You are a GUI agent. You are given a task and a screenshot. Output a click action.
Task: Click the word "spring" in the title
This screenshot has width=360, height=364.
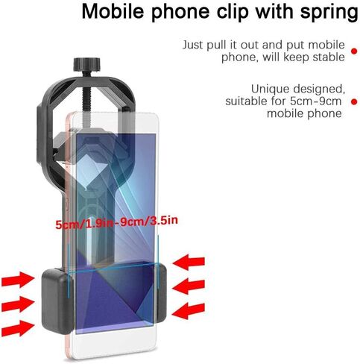tap(329, 12)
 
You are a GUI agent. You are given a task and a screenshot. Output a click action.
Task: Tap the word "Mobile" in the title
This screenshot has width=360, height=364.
tap(113, 10)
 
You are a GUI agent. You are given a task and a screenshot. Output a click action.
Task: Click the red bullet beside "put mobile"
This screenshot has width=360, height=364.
tap(354, 51)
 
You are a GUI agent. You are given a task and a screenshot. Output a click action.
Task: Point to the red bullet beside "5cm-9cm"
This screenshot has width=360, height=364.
tap(354, 101)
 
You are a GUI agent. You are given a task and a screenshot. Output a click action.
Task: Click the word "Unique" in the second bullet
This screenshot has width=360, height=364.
tap(271, 89)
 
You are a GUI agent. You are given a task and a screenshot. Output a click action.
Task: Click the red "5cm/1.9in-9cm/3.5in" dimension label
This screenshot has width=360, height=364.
tap(117, 222)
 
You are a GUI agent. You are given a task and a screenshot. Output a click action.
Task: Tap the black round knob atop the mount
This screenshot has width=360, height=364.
tap(86, 64)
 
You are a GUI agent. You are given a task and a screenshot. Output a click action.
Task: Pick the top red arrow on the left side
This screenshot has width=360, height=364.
tap(18, 280)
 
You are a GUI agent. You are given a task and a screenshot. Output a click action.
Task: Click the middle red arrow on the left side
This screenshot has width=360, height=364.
tap(18, 304)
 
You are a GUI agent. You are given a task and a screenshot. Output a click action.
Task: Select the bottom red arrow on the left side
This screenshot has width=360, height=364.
tap(18, 328)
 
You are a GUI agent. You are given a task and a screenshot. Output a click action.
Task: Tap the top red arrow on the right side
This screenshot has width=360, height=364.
tap(189, 262)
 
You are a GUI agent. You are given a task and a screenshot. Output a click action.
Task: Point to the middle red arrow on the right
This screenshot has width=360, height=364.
tap(189, 286)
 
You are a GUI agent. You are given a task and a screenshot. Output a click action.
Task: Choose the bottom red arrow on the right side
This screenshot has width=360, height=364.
tap(189, 310)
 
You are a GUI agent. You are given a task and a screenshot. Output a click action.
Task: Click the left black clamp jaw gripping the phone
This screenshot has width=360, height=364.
tap(57, 301)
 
